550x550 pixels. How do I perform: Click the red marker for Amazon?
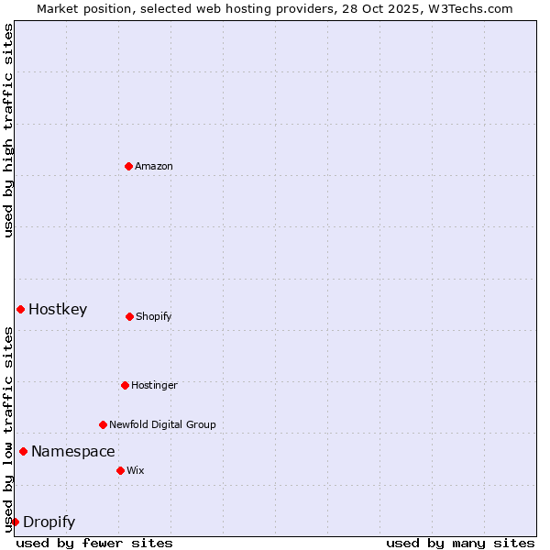click(x=128, y=166)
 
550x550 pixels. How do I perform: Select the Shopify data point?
click(x=129, y=316)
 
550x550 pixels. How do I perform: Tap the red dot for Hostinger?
click(x=125, y=385)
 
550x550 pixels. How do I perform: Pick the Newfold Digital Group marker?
click(x=103, y=424)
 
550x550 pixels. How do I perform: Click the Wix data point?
click(x=120, y=470)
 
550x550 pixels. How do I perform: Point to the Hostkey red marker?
click(x=20, y=309)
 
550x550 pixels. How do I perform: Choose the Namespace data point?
click(x=23, y=451)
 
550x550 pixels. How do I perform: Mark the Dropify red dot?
click(x=15, y=522)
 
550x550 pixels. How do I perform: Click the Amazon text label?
click(x=154, y=166)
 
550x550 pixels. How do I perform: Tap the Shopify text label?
click(x=154, y=316)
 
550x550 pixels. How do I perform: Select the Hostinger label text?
click(x=154, y=385)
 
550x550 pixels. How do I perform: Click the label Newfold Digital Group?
click(x=162, y=424)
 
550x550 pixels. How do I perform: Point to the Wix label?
click(x=136, y=470)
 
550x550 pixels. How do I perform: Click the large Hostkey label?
click(x=58, y=309)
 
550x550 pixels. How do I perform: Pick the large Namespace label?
click(x=73, y=451)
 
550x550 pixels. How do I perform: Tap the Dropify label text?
click(x=49, y=522)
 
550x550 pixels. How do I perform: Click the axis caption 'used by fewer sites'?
click(x=94, y=543)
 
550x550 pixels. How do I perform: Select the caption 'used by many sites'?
click(x=460, y=543)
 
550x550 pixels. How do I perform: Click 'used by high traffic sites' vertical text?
click(x=8, y=130)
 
